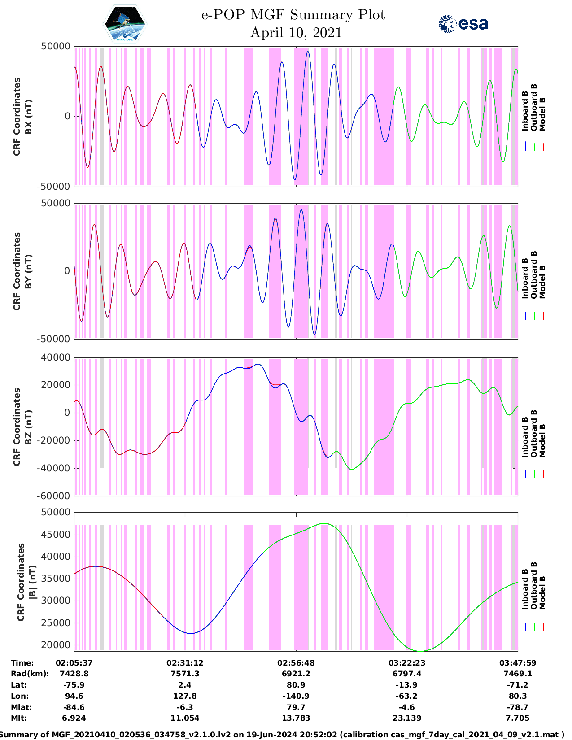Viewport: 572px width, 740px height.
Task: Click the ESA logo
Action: pyautogui.click(x=463, y=24)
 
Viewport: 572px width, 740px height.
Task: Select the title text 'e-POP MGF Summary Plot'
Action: pyautogui.click(x=293, y=15)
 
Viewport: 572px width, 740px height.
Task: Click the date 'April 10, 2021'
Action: pyautogui.click(x=296, y=33)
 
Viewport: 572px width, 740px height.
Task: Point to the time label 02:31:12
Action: pyautogui.click(x=185, y=663)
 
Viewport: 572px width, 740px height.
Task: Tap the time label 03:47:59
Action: pyautogui.click(x=518, y=663)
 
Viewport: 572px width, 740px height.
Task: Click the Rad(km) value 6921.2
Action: pyautogui.click(x=296, y=674)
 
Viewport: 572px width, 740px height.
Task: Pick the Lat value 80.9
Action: pyautogui.click(x=296, y=685)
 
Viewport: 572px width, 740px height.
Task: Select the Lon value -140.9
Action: pyautogui.click(x=296, y=696)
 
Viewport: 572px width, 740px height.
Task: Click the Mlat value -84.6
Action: pyautogui.click(x=74, y=707)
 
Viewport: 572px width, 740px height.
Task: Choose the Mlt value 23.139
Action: pyautogui.click(x=406, y=718)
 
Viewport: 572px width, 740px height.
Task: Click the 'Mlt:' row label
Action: pyautogui.click(x=19, y=718)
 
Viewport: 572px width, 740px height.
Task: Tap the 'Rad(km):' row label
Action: pyautogui.click(x=30, y=674)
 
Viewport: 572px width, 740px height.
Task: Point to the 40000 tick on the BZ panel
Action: pyautogui.click(x=56, y=357)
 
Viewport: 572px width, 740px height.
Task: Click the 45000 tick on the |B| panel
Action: pyautogui.click(x=56, y=534)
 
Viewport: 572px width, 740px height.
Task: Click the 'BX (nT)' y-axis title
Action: pyautogui.click(x=28, y=117)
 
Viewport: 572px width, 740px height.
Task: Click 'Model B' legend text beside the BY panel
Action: pyautogui.click(x=542, y=282)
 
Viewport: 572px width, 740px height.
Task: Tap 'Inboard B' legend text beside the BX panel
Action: pyautogui.click(x=525, y=111)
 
